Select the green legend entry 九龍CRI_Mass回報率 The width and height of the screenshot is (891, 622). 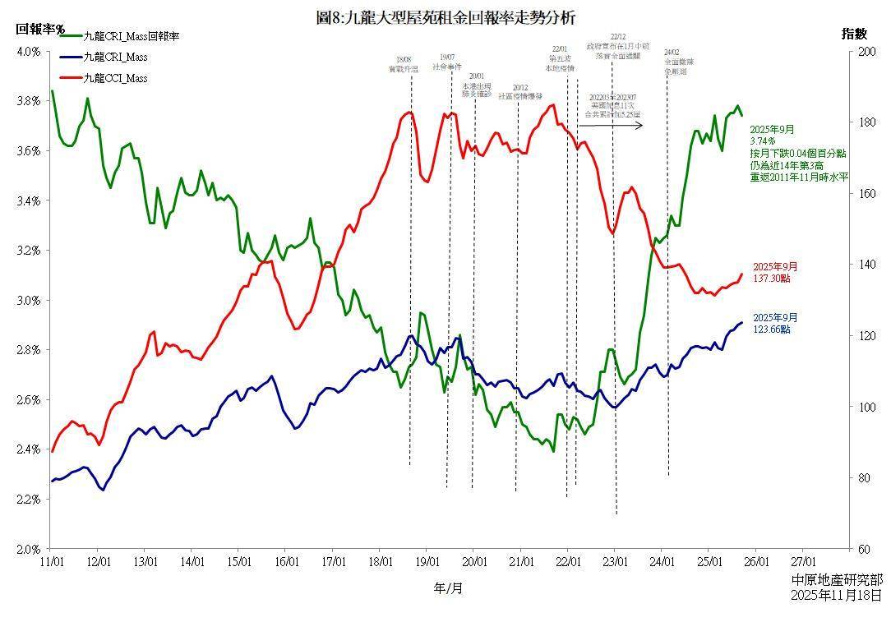[x=132, y=36]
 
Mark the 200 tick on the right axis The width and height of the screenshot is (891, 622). [x=865, y=52]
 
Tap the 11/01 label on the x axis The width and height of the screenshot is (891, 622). [x=51, y=562]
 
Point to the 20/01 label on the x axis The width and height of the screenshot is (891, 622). [x=473, y=562]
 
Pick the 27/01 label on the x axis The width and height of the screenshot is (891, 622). [x=803, y=562]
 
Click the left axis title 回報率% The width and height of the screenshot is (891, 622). [x=39, y=29]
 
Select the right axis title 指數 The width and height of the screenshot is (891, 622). [x=854, y=34]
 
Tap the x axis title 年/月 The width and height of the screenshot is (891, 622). [x=446, y=588]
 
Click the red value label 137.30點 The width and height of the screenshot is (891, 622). [x=771, y=279]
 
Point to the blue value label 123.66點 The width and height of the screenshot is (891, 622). [x=771, y=329]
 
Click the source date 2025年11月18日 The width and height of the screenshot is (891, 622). [x=836, y=595]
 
